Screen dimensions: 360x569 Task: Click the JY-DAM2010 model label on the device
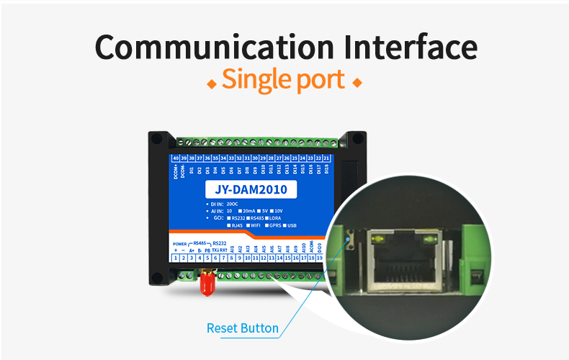251,190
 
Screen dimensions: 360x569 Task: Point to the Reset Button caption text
242,328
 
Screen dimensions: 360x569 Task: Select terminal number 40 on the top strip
176,158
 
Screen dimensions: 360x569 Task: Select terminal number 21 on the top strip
327,158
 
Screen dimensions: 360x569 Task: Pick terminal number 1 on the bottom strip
176,257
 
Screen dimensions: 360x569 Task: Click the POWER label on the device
180,243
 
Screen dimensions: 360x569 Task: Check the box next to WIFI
248,225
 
